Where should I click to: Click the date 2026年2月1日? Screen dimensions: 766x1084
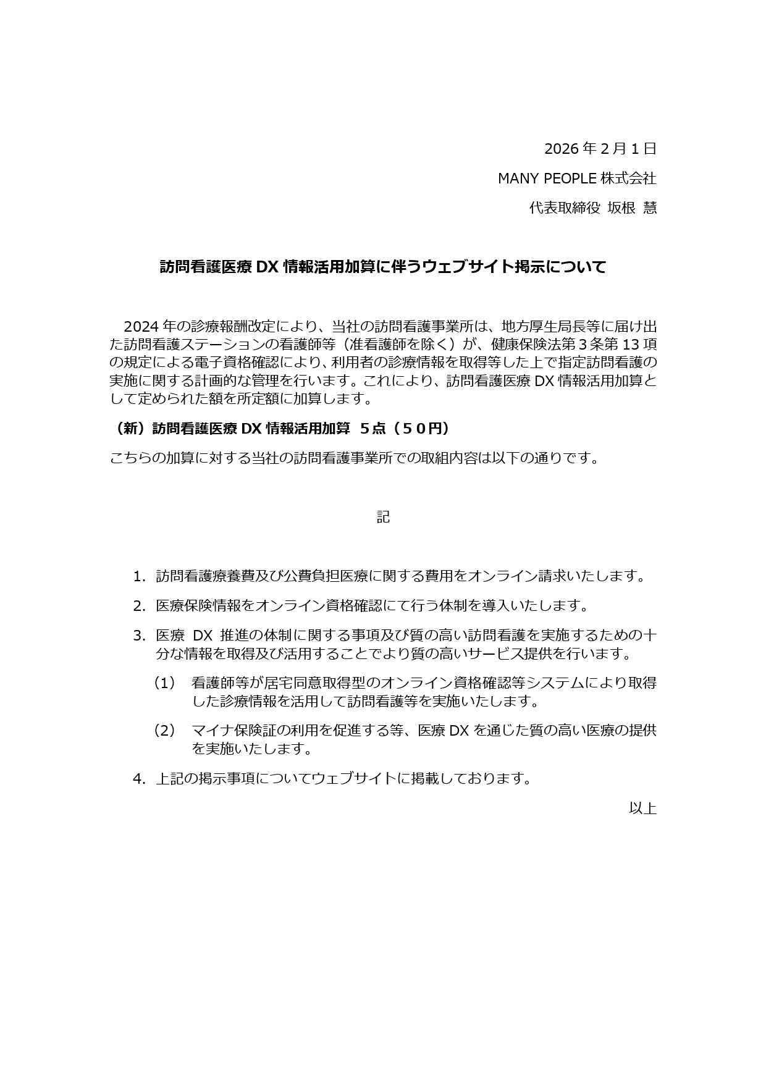600,149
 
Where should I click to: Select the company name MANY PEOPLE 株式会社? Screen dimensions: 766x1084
577,179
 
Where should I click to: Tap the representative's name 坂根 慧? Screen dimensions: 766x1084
632,208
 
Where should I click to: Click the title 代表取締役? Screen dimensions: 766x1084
565,208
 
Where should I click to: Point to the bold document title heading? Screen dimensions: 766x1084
383,267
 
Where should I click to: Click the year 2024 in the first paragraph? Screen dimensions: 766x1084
141,326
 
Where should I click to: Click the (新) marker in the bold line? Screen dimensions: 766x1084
129,429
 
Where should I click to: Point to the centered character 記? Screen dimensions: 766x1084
383,517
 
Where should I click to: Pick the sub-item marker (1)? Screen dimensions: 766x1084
164,683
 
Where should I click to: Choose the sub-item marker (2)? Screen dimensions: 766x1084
164,731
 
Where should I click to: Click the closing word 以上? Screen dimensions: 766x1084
642,808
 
